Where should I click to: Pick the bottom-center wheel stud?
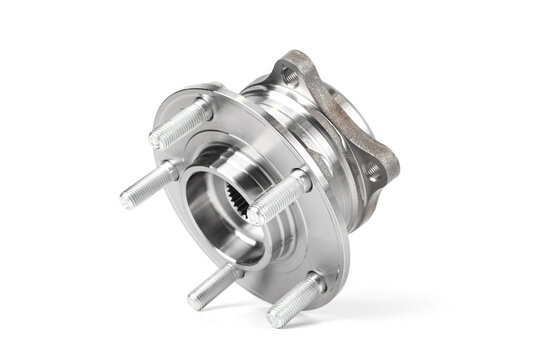pyautogui.click(x=213, y=283)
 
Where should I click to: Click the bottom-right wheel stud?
pyautogui.click(x=295, y=301)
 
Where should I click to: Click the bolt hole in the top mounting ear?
pyautogui.click(x=290, y=74)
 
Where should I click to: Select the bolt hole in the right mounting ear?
pyautogui.click(x=373, y=171)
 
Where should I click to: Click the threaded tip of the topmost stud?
pyautogui.click(x=160, y=139)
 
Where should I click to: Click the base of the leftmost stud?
pyautogui.click(x=172, y=172)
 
